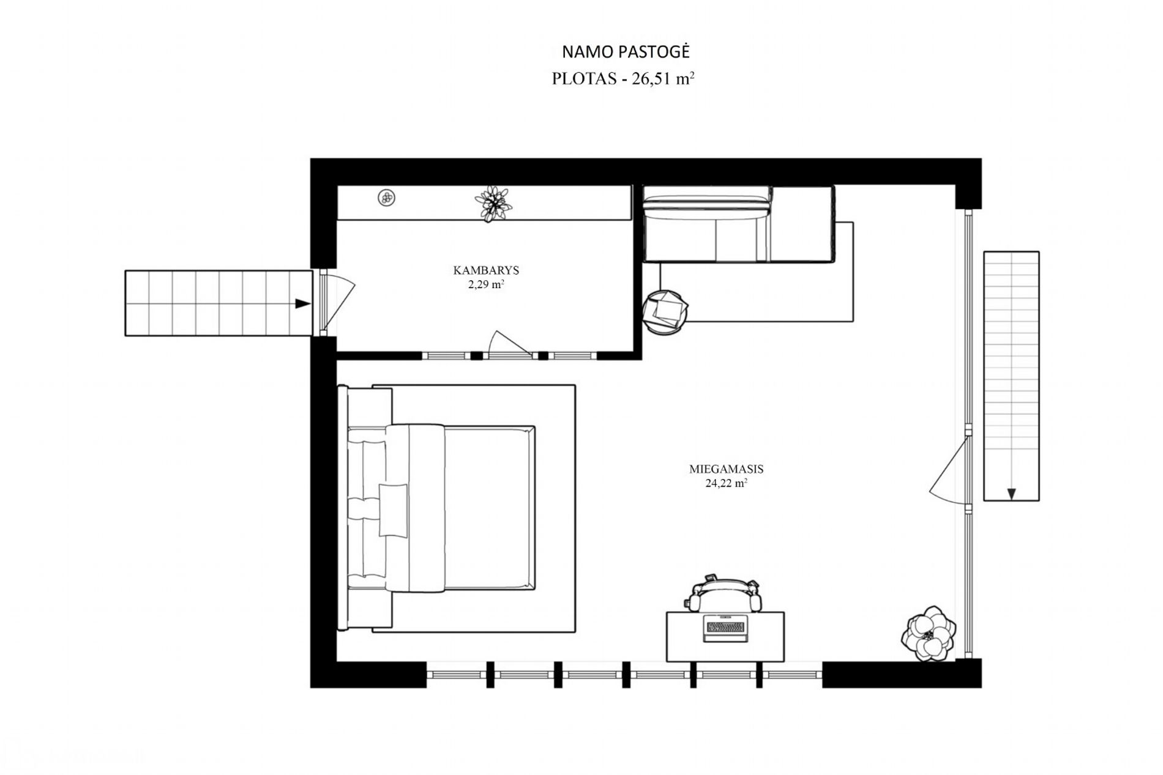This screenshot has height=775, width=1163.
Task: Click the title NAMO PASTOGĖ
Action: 626,52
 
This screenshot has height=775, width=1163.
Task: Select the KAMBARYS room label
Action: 486,270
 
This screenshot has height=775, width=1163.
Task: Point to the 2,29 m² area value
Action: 486,284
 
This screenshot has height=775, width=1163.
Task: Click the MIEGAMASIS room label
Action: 726,470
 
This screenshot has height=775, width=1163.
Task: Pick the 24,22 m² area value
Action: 726,483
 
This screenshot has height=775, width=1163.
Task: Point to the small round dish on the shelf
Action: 386,198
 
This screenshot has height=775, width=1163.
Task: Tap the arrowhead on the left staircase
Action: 302,303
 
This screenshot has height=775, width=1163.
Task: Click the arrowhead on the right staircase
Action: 1011,494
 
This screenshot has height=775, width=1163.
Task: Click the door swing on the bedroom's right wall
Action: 948,469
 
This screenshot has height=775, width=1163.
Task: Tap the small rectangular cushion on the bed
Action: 393,510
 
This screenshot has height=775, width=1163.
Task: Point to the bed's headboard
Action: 343,507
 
